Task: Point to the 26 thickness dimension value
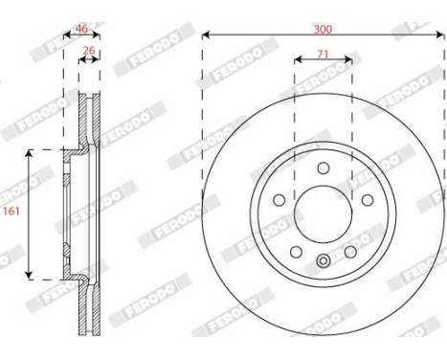click(x=89, y=53)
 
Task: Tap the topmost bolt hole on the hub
click(x=324, y=165)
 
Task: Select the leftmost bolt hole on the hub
click(x=278, y=200)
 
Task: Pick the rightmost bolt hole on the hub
click(x=368, y=199)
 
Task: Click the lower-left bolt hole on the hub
click(x=296, y=250)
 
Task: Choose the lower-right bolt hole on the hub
click(x=350, y=250)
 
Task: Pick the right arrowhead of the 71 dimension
click(x=349, y=61)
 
